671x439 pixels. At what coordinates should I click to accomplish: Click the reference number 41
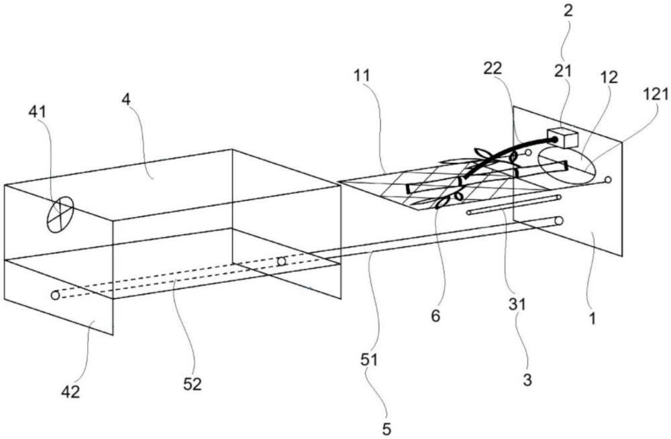37,112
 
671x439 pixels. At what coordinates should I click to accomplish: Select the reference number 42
70,391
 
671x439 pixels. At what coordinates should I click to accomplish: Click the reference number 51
369,360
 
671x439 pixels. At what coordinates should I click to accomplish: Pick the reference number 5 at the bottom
386,429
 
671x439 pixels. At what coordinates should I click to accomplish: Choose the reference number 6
435,316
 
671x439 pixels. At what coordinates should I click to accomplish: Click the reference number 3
527,379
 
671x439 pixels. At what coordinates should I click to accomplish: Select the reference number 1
592,318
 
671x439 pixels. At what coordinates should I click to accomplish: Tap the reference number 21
563,70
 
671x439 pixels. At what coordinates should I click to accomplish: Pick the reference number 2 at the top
568,11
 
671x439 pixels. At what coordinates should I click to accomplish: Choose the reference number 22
493,68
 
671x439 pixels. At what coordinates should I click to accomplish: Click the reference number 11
362,76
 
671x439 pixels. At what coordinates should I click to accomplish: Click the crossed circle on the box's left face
60,214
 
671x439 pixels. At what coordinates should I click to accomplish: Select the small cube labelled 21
563,137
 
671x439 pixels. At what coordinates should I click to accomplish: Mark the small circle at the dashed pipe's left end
55,295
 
